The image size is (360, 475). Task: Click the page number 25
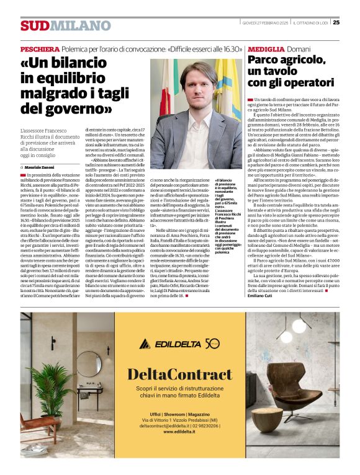coord(336,22)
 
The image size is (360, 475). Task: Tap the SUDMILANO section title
coord(65,25)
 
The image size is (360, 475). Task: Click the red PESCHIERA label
coord(40,48)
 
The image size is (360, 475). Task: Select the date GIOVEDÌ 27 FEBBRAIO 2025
coord(264,22)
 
